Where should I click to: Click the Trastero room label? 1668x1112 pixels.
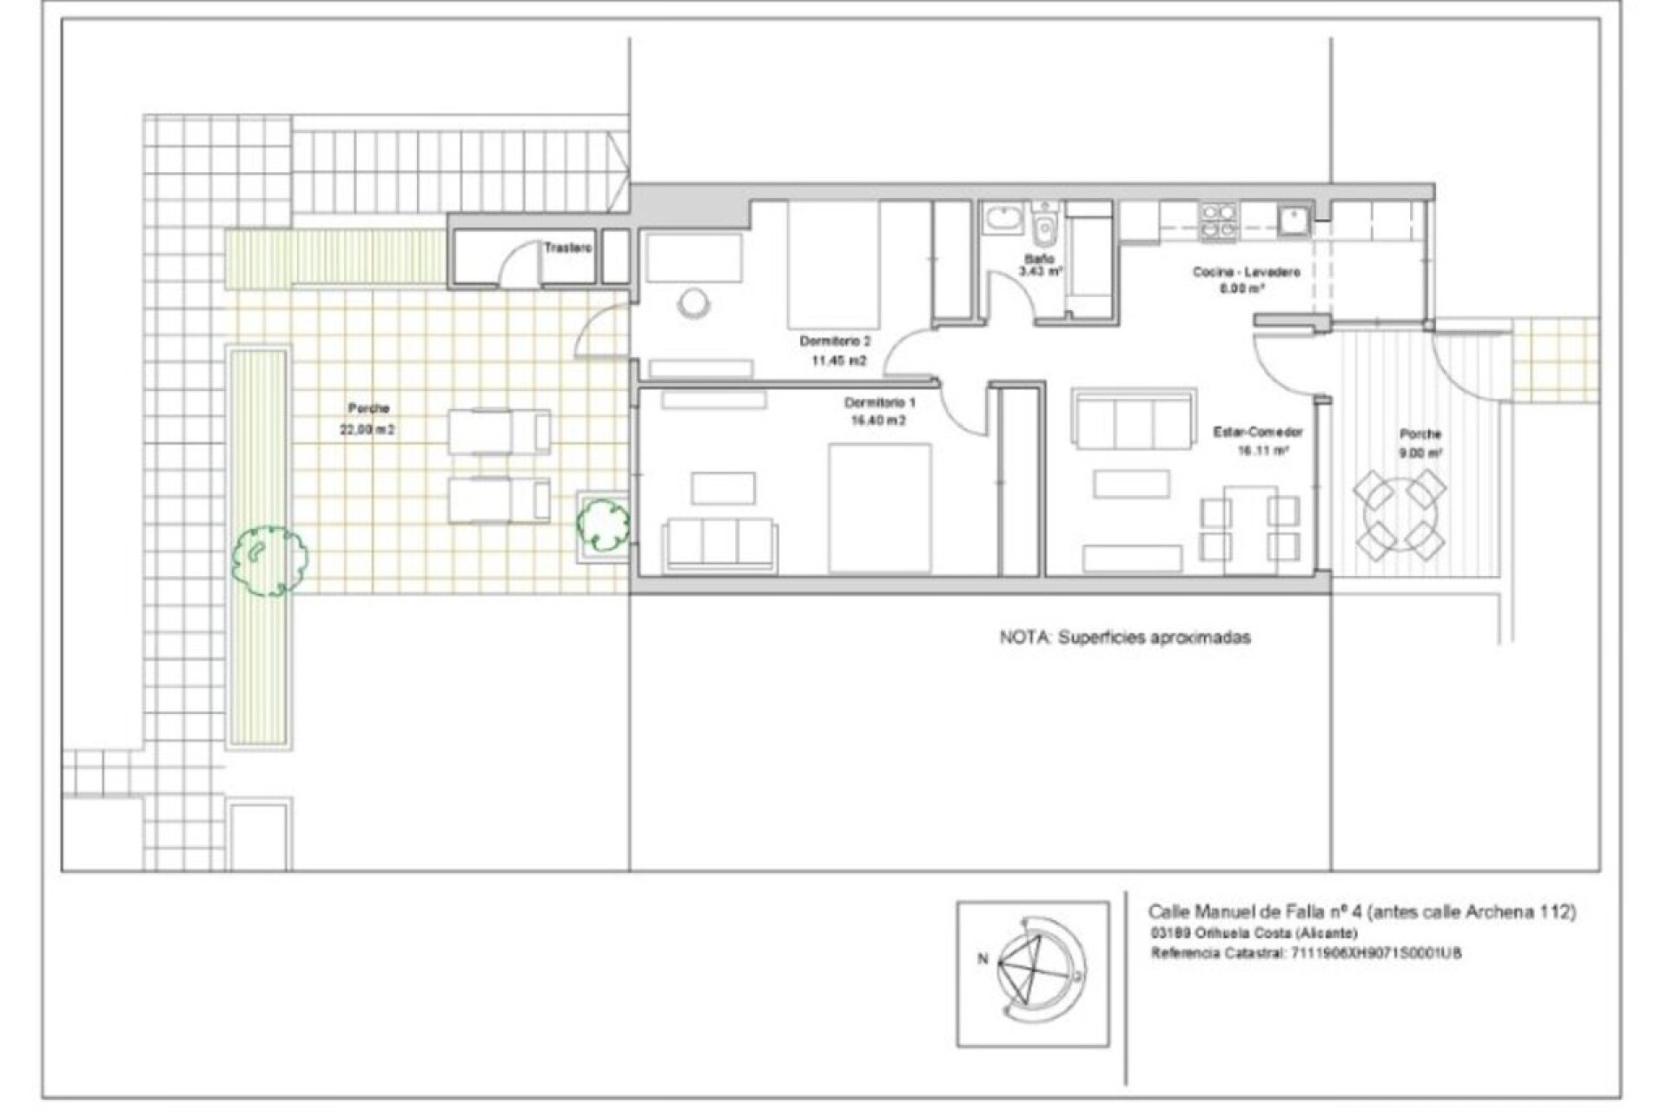[x=567, y=248]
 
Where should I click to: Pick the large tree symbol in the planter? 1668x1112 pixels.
[x=269, y=559]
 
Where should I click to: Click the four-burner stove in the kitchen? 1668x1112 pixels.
[x=1218, y=221]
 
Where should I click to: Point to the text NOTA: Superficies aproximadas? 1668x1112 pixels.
[x=1125, y=638]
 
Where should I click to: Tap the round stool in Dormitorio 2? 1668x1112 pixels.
[x=694, y=303]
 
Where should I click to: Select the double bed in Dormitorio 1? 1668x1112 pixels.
[x=880, y=508]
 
